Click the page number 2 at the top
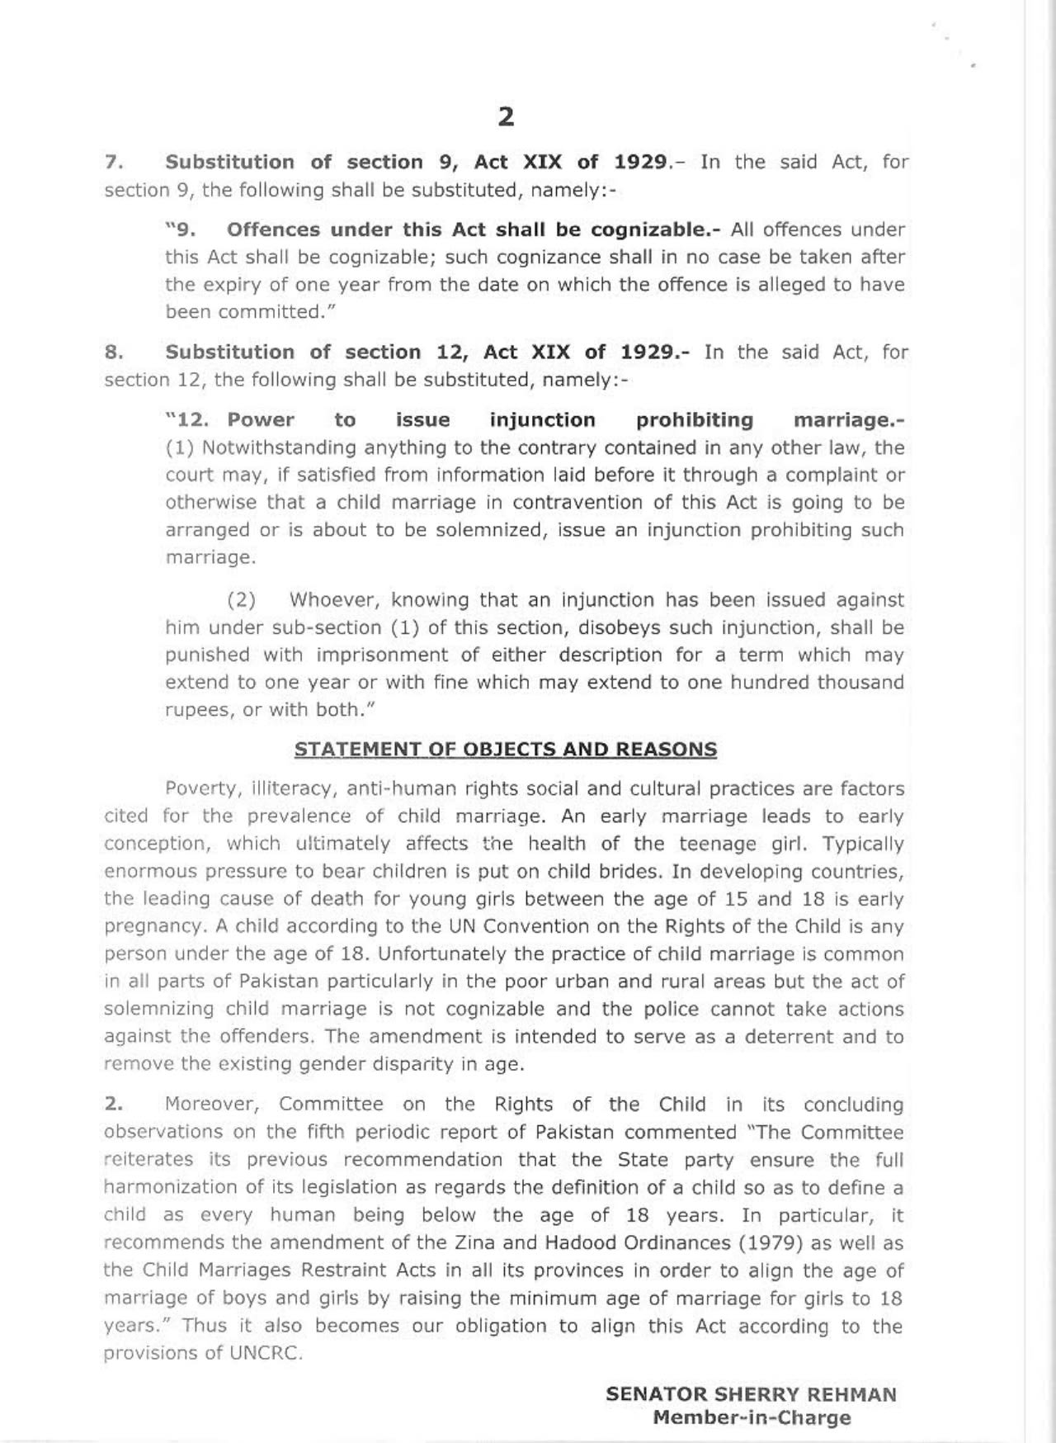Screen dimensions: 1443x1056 tap(506, 116)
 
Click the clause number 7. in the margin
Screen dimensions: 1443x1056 tap(114, 162)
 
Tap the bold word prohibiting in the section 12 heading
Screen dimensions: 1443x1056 tap(695, 420)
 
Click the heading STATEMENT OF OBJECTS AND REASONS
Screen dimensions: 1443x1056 tap(505, 750)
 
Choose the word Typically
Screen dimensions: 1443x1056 tap(863, 844)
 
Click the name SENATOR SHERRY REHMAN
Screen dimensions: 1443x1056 tap(751, 1394)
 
